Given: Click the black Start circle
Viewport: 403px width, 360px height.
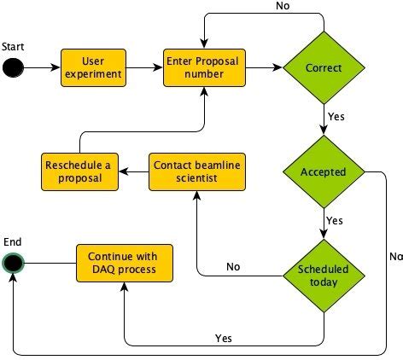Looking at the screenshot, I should [12, 67].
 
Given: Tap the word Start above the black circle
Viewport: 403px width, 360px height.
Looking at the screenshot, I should [13, 44].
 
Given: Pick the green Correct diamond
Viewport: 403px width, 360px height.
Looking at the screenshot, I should [324, 67].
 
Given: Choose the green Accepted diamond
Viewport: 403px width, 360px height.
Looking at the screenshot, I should [324, 171].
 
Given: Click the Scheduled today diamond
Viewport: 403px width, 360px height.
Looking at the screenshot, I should [324, 276].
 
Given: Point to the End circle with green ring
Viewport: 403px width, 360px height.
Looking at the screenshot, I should [12, 263].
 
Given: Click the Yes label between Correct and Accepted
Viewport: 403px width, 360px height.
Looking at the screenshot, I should [335, 113].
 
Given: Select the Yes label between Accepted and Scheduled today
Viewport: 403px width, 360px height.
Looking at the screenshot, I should [335, 220].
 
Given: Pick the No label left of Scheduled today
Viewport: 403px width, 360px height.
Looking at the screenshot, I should [233, 267].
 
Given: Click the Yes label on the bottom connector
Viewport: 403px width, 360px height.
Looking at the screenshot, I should [224, 338].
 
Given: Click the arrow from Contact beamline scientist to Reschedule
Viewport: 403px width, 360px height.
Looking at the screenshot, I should [133, 171].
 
